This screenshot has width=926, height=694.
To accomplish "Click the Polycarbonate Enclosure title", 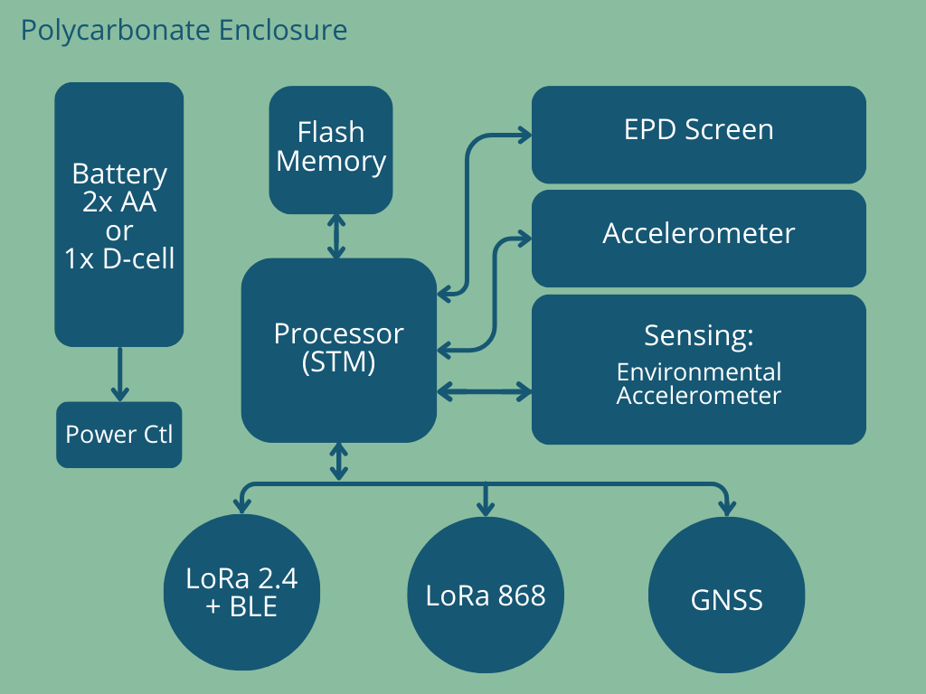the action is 184,31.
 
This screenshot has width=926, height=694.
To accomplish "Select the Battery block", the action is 119,214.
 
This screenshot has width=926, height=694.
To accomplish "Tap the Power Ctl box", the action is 119,435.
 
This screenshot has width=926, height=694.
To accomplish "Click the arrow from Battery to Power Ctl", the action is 120,374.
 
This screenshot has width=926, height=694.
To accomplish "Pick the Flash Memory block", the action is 331,150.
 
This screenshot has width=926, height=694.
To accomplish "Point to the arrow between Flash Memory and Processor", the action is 336,236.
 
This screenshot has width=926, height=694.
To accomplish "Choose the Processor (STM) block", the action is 339,350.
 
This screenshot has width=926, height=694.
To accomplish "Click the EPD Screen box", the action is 699,135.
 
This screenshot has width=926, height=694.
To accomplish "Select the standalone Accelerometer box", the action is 699,239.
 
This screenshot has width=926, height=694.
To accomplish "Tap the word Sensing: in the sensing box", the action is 699,335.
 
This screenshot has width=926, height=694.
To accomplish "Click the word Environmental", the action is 699,371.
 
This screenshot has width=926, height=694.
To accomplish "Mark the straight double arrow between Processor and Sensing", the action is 485,391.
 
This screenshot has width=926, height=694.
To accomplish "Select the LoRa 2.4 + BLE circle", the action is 242,592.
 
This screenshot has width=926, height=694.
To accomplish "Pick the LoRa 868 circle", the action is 486,595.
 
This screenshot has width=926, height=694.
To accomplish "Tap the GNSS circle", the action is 726,595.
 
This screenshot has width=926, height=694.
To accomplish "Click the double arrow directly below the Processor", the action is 338,462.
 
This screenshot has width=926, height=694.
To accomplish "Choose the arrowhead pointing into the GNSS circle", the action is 727,509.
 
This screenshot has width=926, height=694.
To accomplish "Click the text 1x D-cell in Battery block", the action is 119,258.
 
